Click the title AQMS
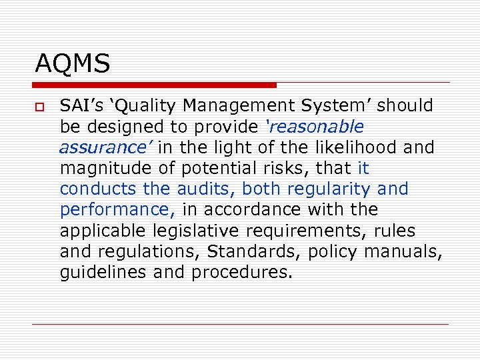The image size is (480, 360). [72, 64]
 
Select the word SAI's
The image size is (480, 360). [79, 105]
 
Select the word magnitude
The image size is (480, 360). [100, 168]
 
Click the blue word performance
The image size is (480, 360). [117, 210]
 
